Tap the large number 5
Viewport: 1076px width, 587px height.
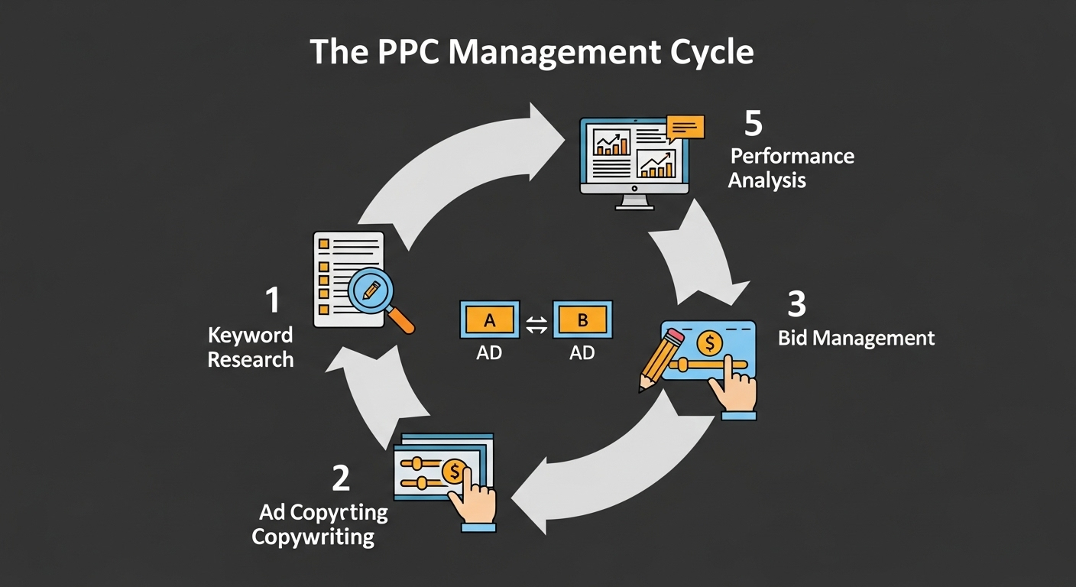pyautogui.click(x=754, y=123)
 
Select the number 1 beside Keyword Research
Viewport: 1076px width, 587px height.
pyautogui.click(x=272, y=300)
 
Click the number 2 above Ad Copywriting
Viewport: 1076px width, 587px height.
pyautogui.click(x=341, y=478)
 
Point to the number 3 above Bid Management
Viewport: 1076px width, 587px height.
pyautogui.click(x=796, y=303)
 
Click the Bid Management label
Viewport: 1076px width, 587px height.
pyautogui.click(x=856, y=338)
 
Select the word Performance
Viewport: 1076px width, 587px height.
pyautogui.click(x=792, y=156)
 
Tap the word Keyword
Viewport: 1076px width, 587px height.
pyautogui.click(x=250, y=336)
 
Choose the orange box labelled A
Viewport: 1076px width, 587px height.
pyautogui.click(x=489, y=320)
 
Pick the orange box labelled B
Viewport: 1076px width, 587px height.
pyautogui.click(x=582, y=320)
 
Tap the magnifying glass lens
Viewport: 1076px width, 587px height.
pyautogui.click(x=371, y=290)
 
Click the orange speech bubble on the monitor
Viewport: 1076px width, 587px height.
pyautogui.click(x=685, y=126)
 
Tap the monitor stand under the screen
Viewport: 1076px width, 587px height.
pyautogui.click(x=634, y=200)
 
